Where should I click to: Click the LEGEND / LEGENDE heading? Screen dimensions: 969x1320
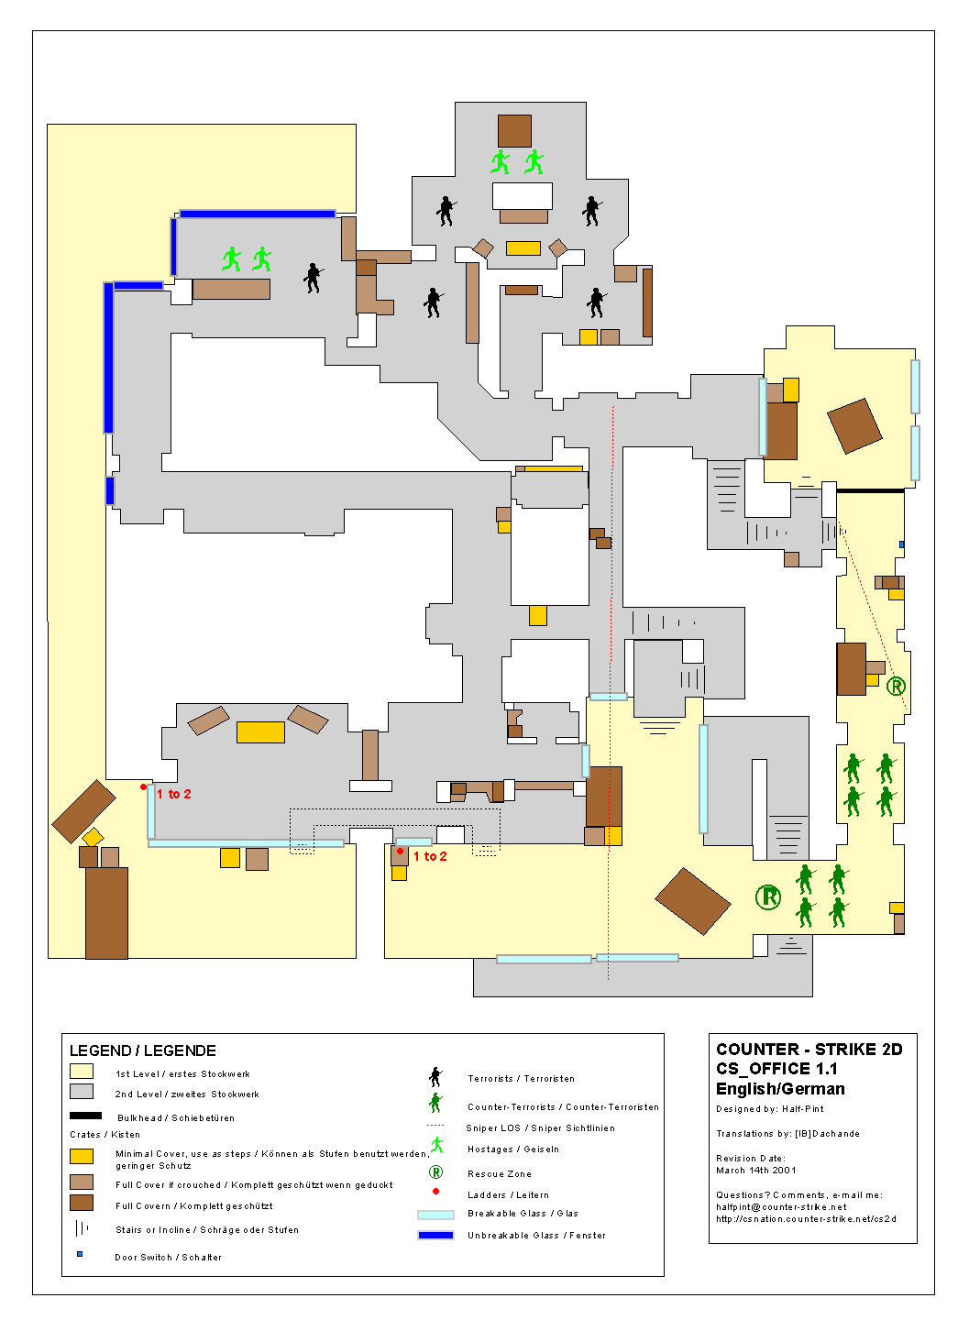pos(143,1050)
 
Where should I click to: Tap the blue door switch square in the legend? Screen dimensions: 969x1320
pos(80,1254)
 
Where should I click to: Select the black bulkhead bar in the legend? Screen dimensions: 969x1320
pos(85,1116)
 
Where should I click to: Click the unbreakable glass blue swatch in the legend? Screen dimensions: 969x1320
pos(435,1235)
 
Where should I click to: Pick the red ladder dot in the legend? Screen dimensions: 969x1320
pos(435,1191)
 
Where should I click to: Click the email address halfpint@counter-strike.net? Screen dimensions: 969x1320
pos(781,1207)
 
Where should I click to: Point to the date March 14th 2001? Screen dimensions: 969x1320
pos(755,1171)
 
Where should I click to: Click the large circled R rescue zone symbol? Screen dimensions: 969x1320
pos(768,896)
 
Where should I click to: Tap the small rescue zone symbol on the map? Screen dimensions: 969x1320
pos(896,686)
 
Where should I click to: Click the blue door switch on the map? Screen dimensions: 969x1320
pos(901,544)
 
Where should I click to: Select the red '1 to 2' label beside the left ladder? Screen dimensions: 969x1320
pos(174,794)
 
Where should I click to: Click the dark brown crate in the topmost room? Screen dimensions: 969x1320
pos(514,131)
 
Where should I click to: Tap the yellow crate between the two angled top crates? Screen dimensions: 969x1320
pos(523,248)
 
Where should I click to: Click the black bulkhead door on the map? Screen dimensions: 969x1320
pos(870,490)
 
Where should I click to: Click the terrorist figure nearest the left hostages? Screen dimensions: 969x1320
pos(313,278)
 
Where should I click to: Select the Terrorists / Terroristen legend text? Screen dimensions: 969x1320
pos(521,1078)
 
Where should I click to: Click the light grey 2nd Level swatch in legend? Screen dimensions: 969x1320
pos(82,1092)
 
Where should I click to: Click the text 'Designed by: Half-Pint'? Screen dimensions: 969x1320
pos(770,1108)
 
